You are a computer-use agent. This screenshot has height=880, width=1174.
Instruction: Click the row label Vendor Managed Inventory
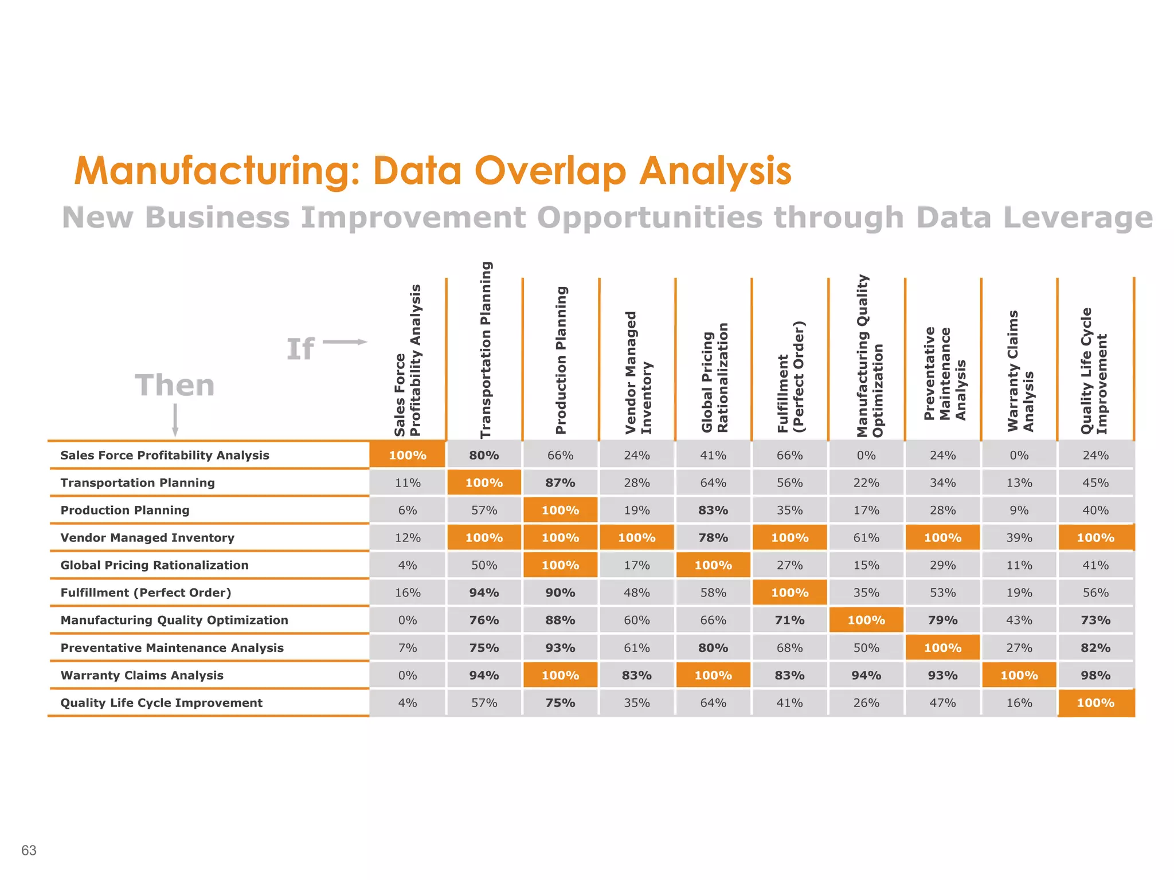(x=147, y=537)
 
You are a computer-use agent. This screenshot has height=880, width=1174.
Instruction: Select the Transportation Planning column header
(x=486, y=350)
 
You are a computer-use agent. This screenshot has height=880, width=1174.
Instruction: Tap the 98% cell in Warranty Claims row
(x=1095, y=675)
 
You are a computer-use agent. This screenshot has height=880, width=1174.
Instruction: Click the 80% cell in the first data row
(x=484, y=455)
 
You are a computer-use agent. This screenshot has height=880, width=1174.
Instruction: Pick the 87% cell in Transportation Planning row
(x=560, y=483)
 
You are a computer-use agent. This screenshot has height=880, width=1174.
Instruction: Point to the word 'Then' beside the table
(x=175, y=385)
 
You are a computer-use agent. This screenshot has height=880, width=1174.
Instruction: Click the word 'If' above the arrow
(x=300, y=349)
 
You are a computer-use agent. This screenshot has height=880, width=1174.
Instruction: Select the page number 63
(x=29, y=850)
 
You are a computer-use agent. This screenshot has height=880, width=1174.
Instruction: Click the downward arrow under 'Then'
(x=175, y=421)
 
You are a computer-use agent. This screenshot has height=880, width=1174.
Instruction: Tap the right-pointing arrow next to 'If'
(x=345, y=342)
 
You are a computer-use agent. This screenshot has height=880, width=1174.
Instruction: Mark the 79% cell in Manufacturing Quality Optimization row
(x=942, y=620)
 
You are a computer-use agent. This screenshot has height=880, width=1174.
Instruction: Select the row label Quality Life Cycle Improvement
(x=161, y=703)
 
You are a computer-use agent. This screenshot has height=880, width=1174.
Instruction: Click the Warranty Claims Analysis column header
(x=1020, y=371)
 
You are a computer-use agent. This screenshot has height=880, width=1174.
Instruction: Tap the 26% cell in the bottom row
(x=866, y=703)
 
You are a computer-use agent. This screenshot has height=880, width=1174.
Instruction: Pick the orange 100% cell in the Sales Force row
(x=408, y=455)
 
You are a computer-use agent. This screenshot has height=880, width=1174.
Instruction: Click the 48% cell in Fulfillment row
(x=636, y=593)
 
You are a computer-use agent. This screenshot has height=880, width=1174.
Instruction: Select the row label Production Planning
(x=124, y=510)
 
